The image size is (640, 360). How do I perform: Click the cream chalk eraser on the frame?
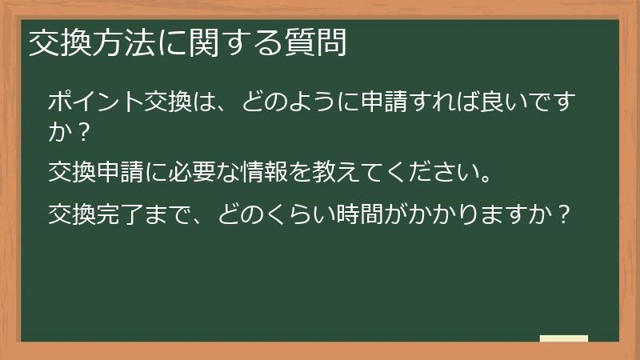coord(564,338)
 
